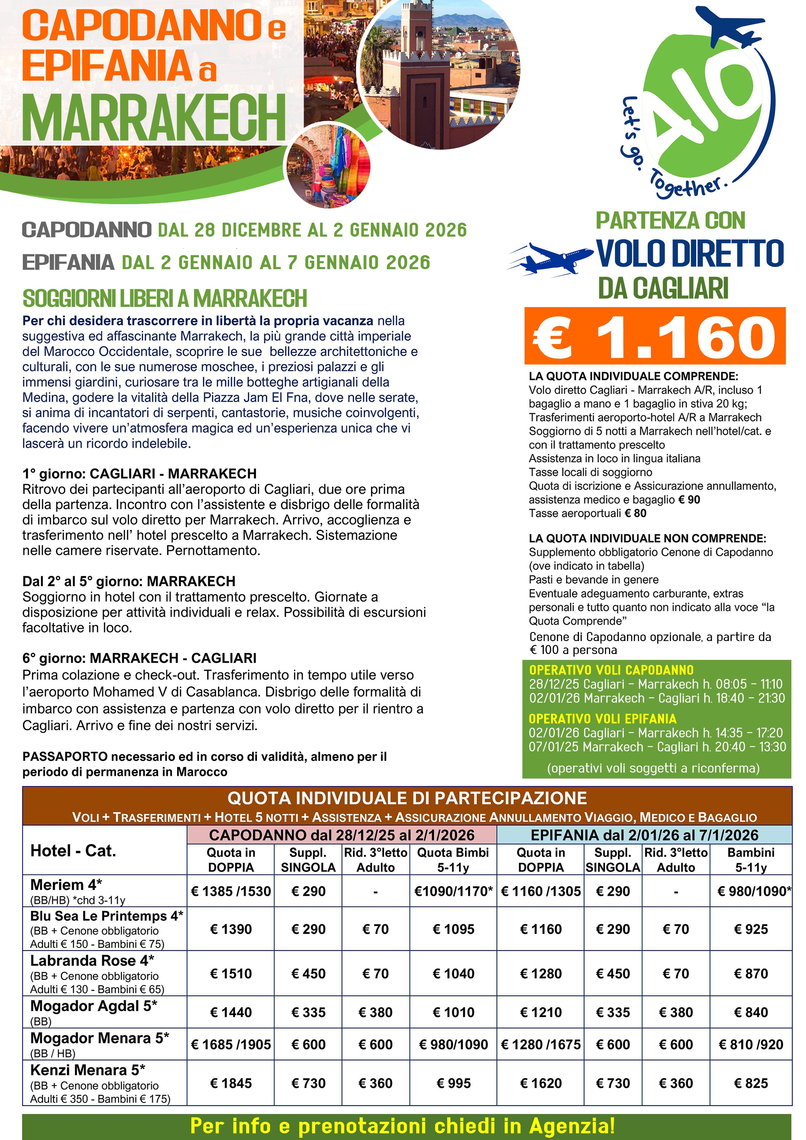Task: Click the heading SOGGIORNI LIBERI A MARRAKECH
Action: (165, 298)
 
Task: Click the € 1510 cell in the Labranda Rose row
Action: (231, 973)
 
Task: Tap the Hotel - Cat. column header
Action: (73, 851)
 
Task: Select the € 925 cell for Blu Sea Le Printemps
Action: (750, 929)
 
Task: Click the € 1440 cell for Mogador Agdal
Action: (231, 1012)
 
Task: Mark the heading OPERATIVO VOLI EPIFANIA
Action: (602, 719)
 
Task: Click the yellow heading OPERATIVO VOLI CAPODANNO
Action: (611, 670)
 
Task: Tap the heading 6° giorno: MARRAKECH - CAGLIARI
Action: (139, 658)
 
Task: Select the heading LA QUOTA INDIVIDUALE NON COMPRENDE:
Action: (647, 538)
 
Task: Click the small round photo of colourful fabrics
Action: (327, 166)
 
